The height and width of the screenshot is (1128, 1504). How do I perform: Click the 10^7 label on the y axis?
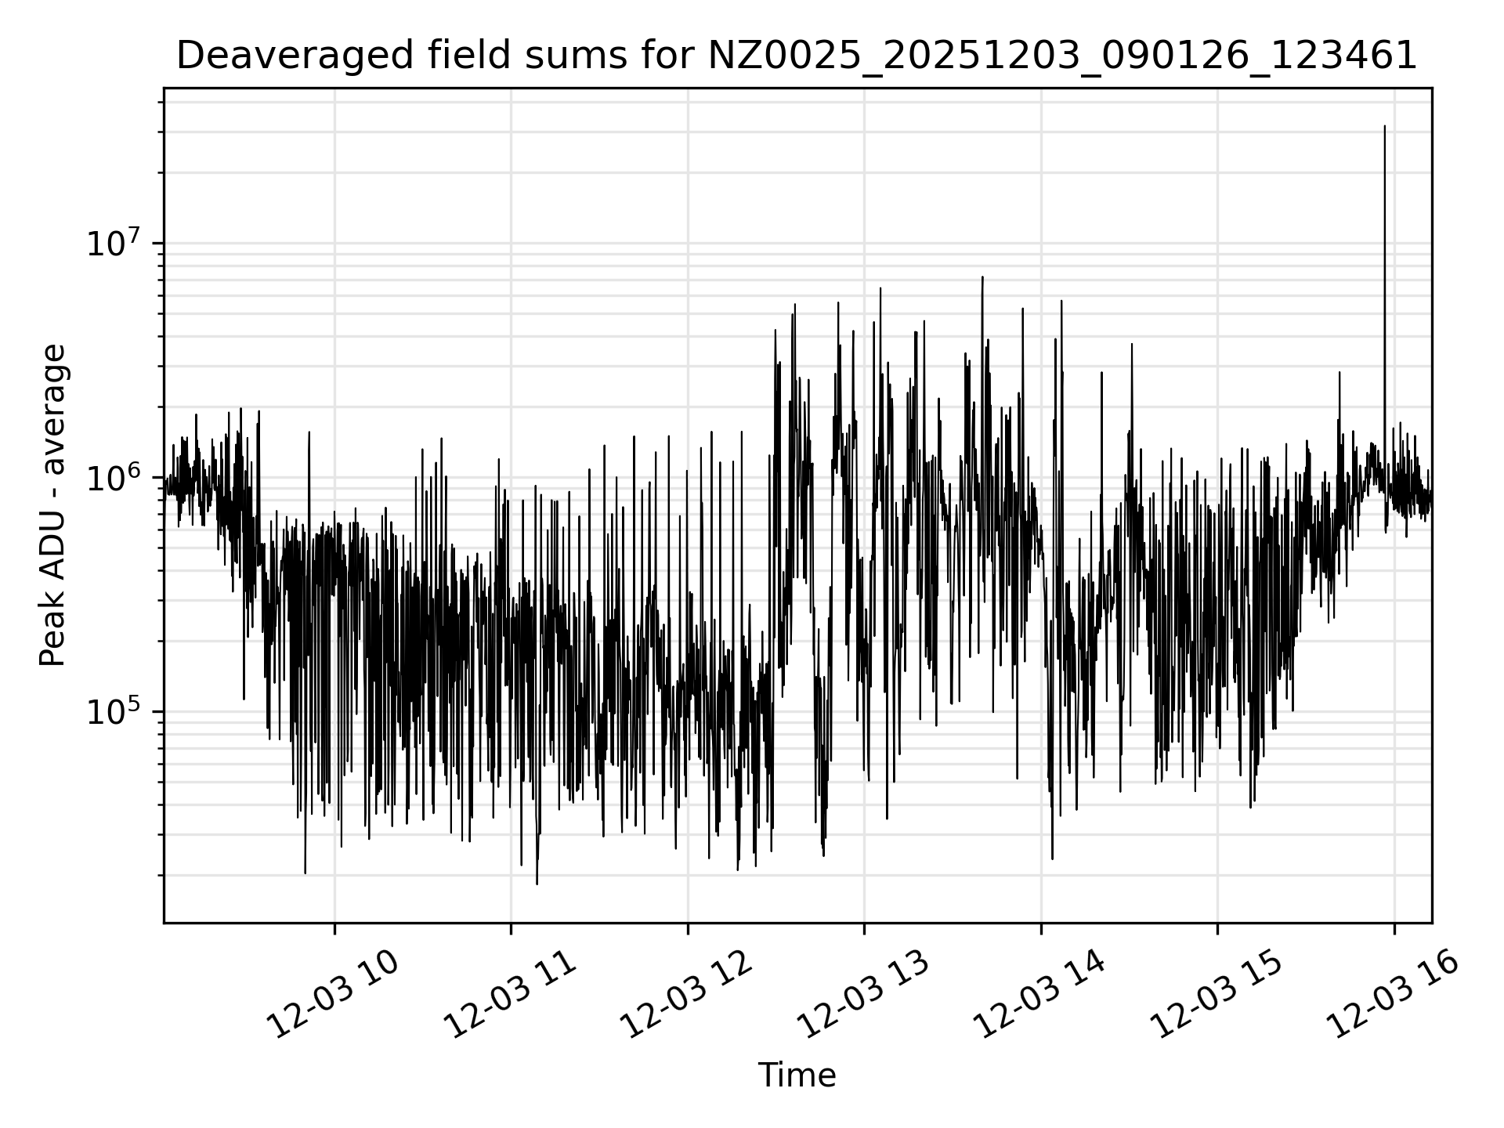click(114, 244)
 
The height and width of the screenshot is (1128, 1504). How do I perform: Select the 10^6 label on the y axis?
click(114, 478)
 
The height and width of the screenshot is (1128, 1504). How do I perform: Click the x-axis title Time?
click(797, 1076)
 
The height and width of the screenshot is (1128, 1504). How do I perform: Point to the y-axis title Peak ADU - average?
click(52, 505)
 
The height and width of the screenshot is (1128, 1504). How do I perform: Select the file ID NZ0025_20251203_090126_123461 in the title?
click(1062, 56)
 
